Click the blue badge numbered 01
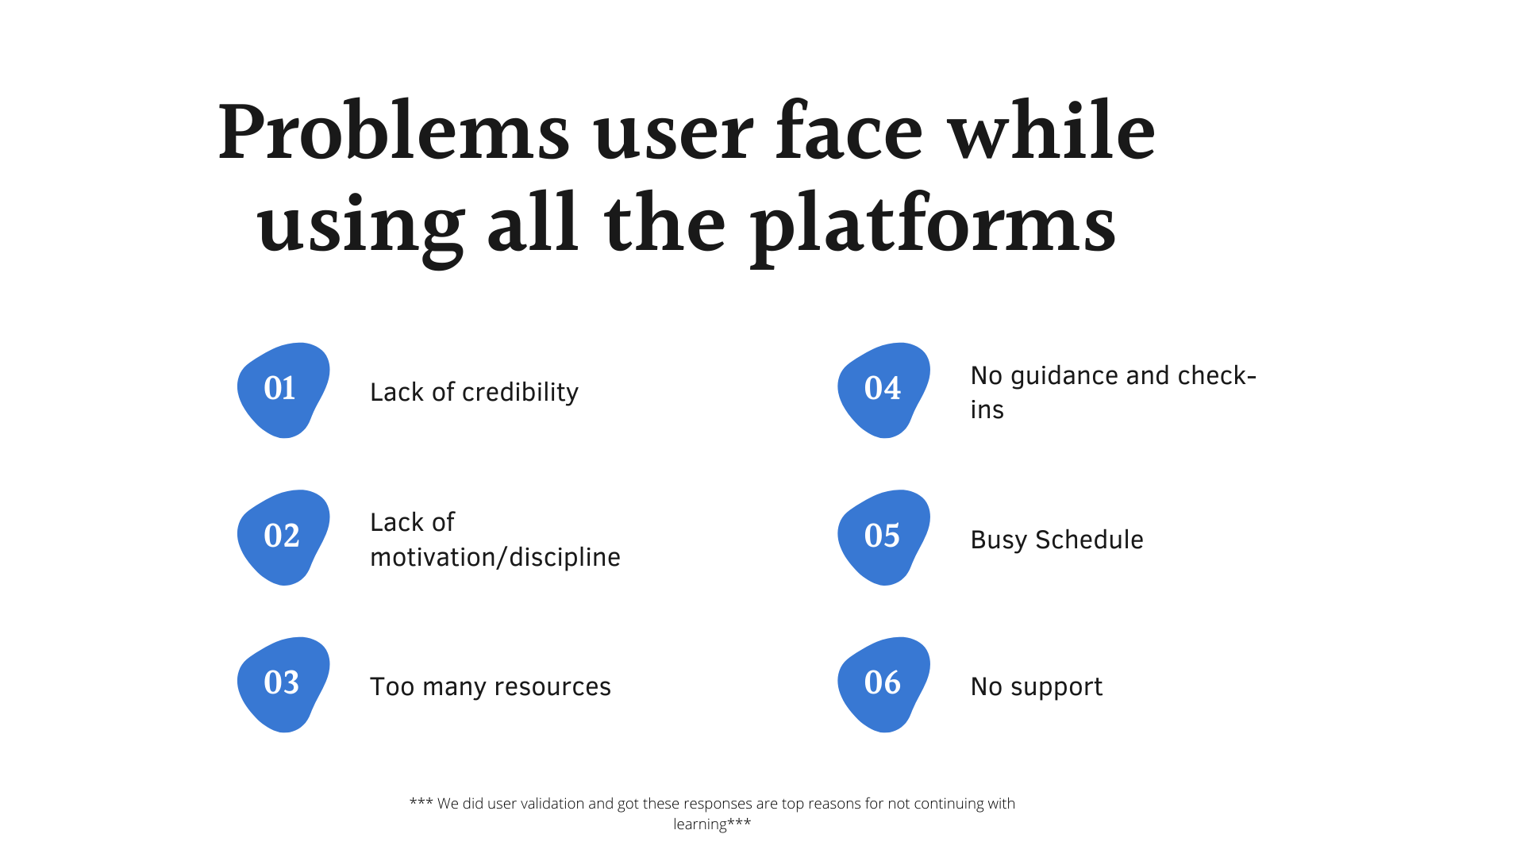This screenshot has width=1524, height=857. (x=283, y=390)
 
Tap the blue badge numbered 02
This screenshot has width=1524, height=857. (x=283, y=537)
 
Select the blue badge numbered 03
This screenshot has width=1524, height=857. (x=283, y=684)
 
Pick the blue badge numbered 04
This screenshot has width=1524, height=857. (x=883, y=390)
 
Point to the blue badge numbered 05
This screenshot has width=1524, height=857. (x=883, y=537)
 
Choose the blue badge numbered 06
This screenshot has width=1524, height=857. (x=883, y=684)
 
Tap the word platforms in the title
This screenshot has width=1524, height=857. (x=933, y=226)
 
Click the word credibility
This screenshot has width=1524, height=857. (x=520, y=392)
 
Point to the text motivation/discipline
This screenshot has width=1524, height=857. (x=495, y=557)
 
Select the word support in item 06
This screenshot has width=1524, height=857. (x=1056, y=687)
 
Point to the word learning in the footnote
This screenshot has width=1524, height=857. (x=699, y=824)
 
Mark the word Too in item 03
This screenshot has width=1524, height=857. (x=392, y=686)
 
